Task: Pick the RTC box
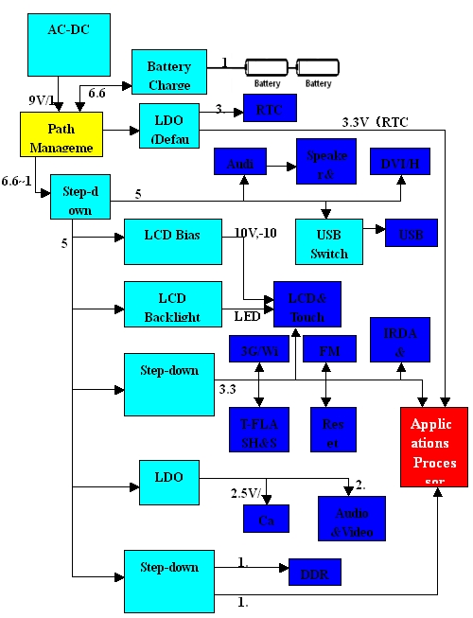(x=270, y=110)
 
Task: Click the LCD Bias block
(x=166, y=242)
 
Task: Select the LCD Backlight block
(x=166, y=305)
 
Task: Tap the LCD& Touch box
(x=307, y=304)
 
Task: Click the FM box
(x=331, y=351)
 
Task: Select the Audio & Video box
(x=351, y=517)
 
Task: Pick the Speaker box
(x=326, y=164)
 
